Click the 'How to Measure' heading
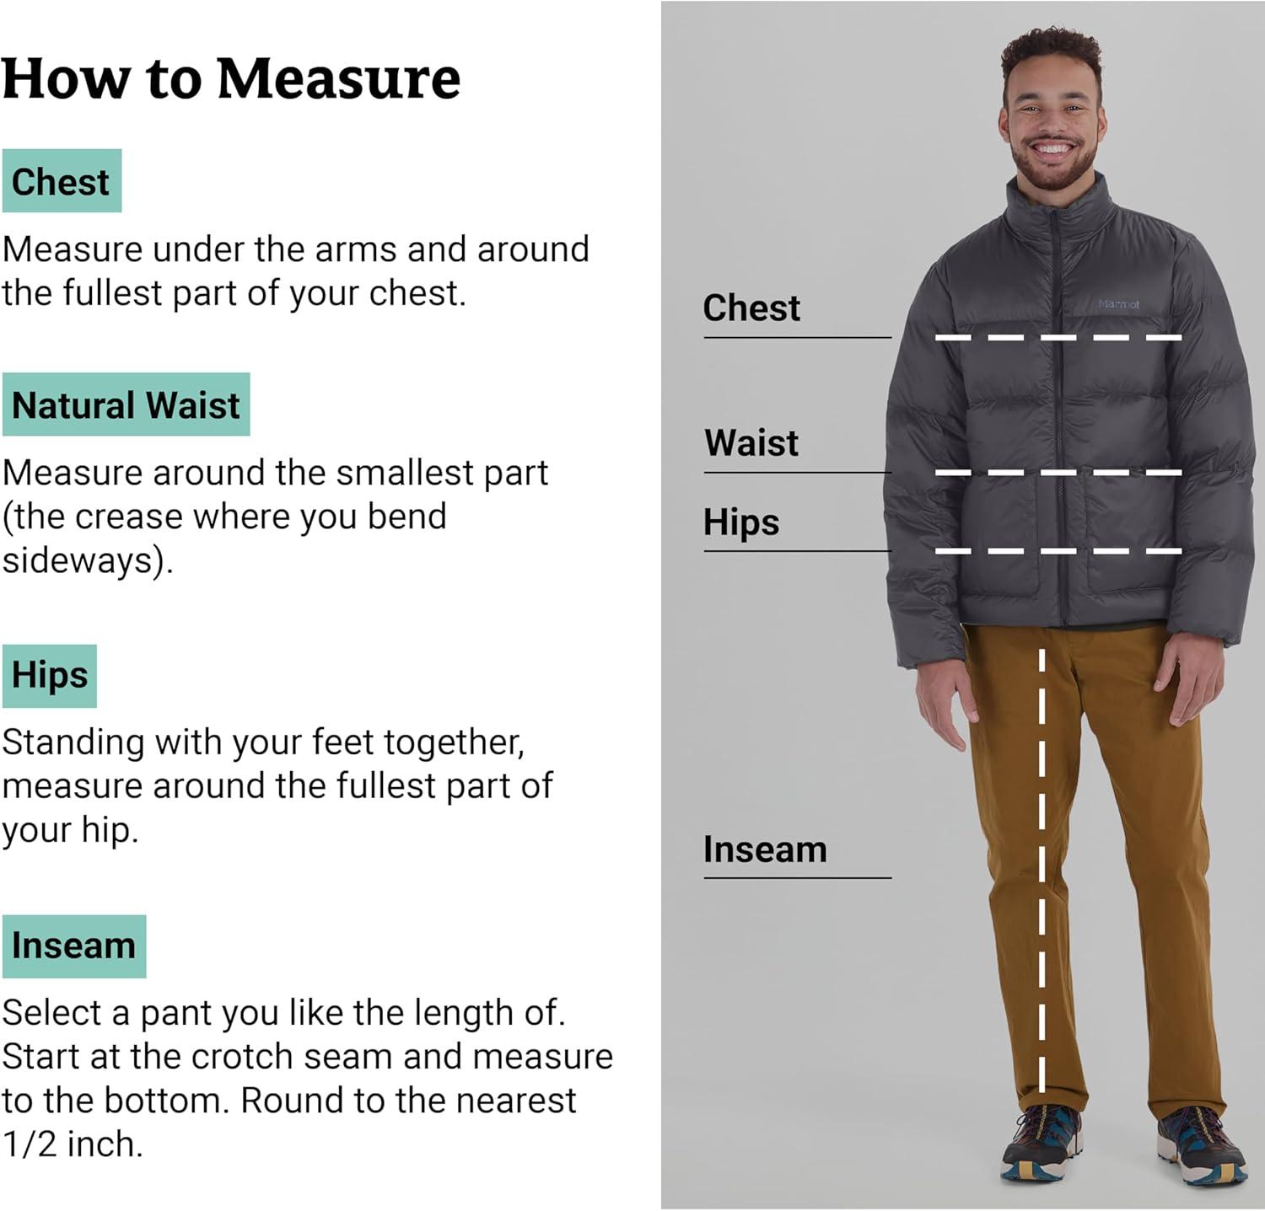click(x=231, y=79)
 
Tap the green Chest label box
click(x=62, y=181)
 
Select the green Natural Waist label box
click(x=126, y=405)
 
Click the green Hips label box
click(x=50, y=676)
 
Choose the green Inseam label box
click(x=74, y=946)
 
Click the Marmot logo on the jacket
click(x=1119, y=304)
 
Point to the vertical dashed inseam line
click(x=1042, y=870)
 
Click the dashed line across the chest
click(x=1058, y=337)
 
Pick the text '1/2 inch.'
click(x=73, y=1144)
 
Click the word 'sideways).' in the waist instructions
click(x=88, y=560)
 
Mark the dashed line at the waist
click(x=1058, y=472)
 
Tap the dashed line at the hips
click(x=1058, y=551)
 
